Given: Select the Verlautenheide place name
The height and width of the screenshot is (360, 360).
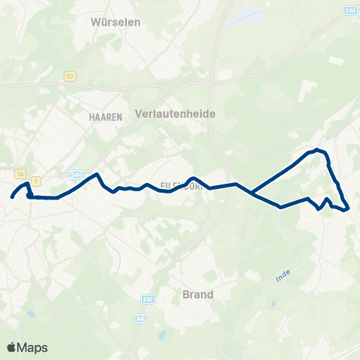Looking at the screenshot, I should (175, 113).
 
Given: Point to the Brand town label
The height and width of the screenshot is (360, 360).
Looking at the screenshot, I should (198, 294).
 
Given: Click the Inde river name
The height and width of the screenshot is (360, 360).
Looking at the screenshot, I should (282, 277).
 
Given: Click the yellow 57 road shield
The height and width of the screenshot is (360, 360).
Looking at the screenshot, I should (70, 76).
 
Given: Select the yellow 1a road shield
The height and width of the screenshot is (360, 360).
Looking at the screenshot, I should (20, 172).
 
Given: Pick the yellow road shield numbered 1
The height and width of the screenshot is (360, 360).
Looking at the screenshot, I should (35, 181).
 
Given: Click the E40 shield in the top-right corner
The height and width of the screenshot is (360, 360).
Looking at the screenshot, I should (349, 10).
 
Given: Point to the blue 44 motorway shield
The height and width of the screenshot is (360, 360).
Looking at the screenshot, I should (140, 318).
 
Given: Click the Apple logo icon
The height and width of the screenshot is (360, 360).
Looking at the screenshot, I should (11, 347).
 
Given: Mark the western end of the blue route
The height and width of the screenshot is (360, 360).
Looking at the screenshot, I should (12, 198).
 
